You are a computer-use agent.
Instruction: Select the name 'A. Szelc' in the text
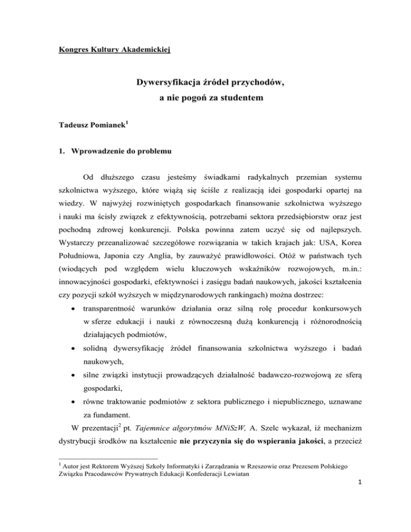click(226, 444)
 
